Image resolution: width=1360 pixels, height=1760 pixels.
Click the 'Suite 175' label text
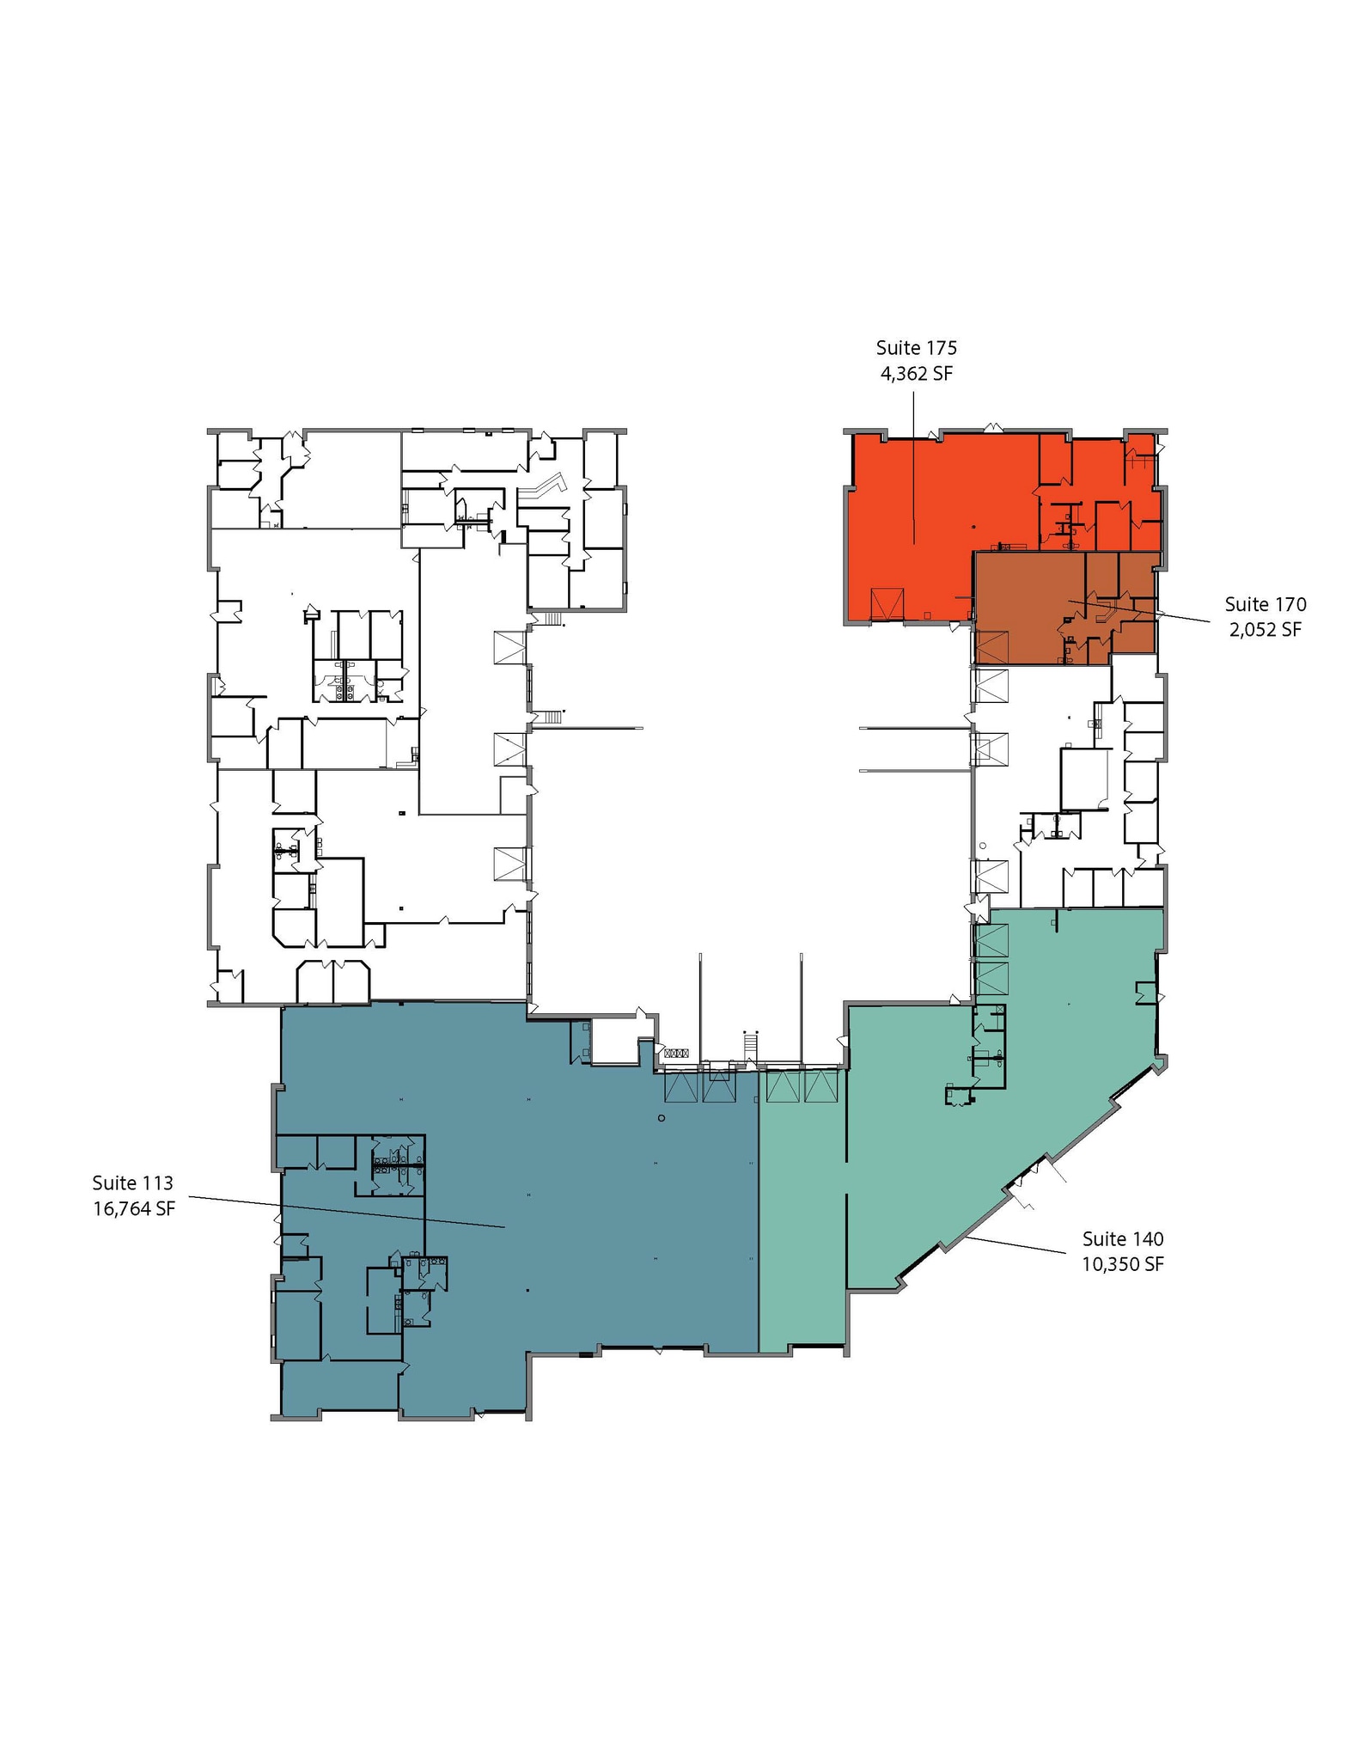(916, 348)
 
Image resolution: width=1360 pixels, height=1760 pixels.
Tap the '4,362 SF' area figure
(916, 374)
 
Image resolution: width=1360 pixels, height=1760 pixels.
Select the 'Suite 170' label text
(1265, 604)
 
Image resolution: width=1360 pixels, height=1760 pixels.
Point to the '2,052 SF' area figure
(1265, 630)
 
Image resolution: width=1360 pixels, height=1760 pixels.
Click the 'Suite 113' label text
(133, 1183)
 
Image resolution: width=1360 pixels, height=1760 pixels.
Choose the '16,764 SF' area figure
(134, 1209)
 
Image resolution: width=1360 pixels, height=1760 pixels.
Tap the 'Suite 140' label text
(1123, 1238)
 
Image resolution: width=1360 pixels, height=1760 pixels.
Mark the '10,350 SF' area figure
(1123, 1264)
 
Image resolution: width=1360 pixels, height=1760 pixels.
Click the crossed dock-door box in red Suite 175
(887, 604)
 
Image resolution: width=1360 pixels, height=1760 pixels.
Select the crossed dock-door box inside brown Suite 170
(991, 647)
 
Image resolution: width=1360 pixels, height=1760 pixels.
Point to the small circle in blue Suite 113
(661, 1118)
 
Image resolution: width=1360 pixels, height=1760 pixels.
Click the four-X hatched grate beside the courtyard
(677, 1053)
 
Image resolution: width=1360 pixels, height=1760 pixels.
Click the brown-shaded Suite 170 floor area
(1031, 610)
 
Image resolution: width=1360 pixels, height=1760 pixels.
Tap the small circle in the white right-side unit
(982, 846)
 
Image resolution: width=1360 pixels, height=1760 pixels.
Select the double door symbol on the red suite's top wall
(994, 426)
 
